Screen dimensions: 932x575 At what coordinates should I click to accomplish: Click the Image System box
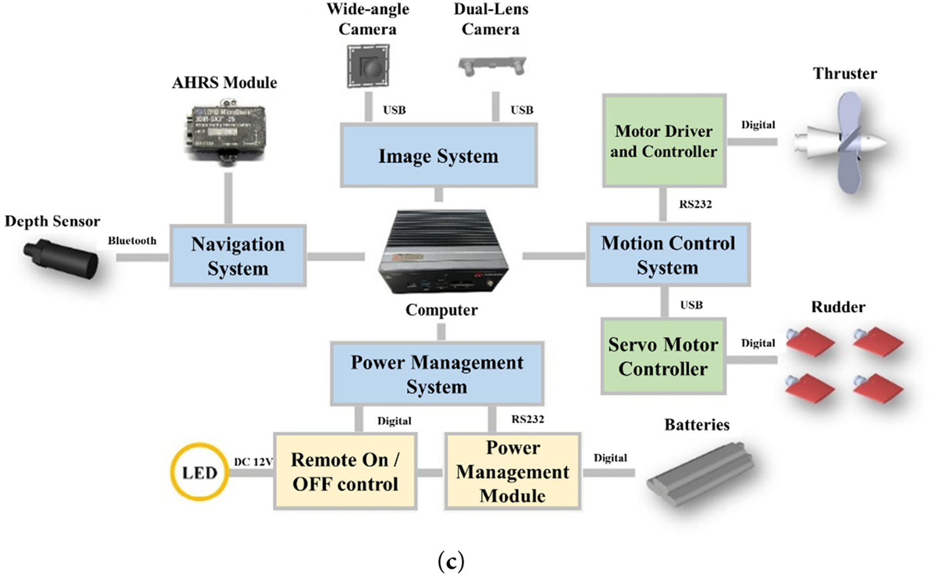438,155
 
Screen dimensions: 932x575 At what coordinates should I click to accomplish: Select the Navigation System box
238,256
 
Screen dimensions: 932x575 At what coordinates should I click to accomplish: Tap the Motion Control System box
668,255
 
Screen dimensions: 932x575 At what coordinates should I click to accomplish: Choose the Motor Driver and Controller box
664,141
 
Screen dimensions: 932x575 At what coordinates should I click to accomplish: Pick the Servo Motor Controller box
663,356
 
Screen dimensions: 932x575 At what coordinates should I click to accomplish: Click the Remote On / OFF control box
345,471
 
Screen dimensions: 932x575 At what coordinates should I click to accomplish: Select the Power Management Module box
513,471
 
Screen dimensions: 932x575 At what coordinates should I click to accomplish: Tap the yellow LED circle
200,472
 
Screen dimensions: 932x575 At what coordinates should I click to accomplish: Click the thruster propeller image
841,142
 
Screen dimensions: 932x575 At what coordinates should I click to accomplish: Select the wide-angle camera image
368,66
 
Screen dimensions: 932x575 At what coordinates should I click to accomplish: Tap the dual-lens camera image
492,66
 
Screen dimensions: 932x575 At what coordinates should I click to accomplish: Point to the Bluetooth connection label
132,241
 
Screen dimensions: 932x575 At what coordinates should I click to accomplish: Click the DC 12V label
253,462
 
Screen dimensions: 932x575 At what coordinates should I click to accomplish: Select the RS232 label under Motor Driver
696,204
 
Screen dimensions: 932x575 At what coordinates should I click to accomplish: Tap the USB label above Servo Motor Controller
692,305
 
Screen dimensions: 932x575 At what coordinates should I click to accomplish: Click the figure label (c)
451,562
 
